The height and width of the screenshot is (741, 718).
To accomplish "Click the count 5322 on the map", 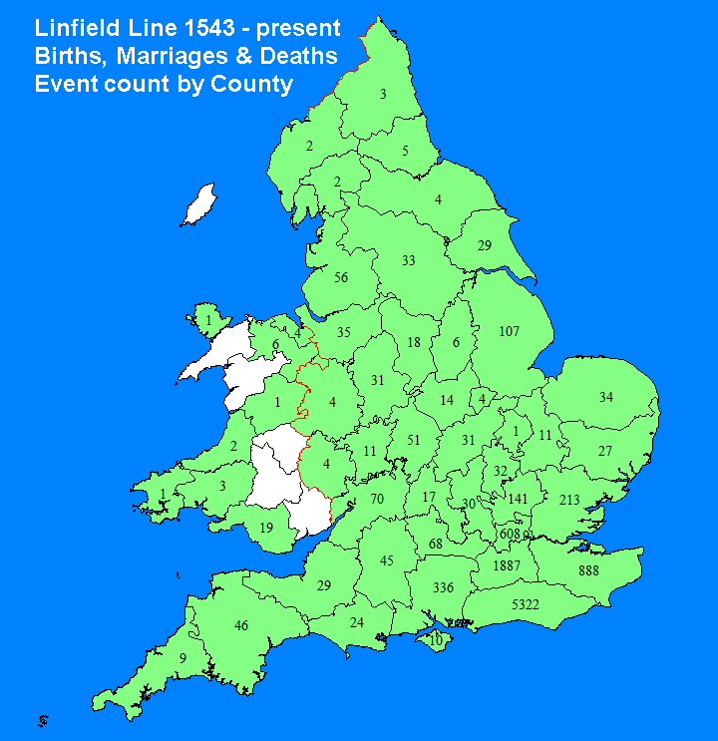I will [527, 605].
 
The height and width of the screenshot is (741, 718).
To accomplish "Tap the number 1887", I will [507, 566].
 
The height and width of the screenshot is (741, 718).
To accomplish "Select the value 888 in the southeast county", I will [588, 570].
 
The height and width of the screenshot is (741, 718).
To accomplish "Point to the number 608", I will [510, 535].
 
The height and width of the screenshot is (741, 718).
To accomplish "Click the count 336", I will [444, 588].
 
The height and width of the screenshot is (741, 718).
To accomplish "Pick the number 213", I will [569, 500].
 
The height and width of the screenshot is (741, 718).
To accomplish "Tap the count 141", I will [518, 499].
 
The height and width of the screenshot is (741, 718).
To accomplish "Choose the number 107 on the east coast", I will [509, 330].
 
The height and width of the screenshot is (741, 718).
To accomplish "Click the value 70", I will [377, 498].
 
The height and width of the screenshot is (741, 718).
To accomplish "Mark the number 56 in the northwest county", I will [341, 277].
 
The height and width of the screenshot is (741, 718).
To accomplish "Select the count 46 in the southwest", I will [240, 625].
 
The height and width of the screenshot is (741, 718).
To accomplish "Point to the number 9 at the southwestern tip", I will [182, 658].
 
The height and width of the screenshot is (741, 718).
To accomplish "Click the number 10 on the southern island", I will [435, 639].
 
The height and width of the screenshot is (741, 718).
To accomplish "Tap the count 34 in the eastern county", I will [605, 398].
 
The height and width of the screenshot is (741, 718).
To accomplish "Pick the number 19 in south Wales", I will [266, 528].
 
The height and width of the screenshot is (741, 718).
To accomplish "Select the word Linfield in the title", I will [77, 27].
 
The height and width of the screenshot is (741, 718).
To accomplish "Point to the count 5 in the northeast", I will [405, 152].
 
